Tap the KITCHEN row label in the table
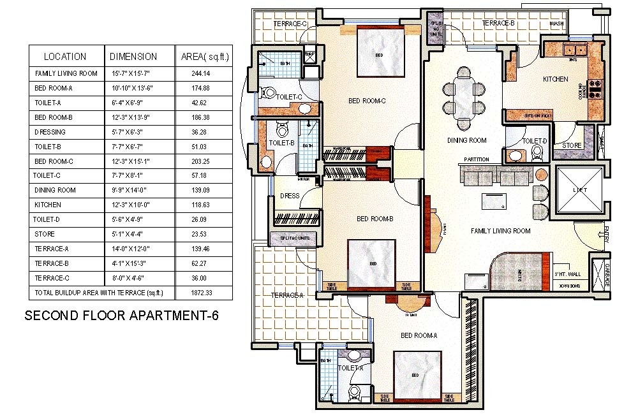[x=48, y=205]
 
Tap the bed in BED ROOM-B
[x=373, y=261]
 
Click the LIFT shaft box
[x=579, y=191]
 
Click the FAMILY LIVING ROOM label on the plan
[x=500, y=231]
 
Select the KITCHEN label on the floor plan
[x=555, y=80]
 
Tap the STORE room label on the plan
[x=572, y=145]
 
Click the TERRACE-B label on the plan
[x=498, y=24]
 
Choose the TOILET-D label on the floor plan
[x=535, y=141]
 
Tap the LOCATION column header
[x=65, y=56]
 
